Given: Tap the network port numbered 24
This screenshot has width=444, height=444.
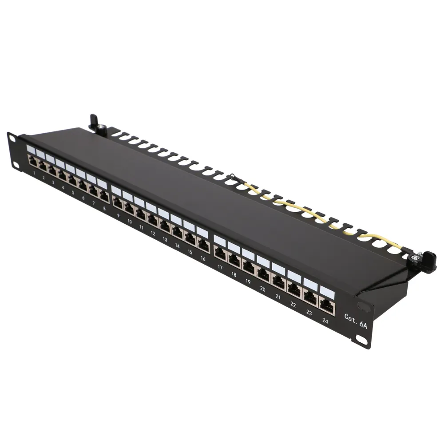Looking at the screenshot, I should [326, 305].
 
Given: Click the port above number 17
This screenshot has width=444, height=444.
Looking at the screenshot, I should [220, 253].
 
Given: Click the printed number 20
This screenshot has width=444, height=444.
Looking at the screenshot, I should [263, 289].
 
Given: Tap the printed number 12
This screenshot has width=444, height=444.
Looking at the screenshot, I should [152, 233].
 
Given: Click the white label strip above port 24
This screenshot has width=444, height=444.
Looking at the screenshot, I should [327, 291].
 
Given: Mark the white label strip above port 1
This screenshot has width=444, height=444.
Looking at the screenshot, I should [32, 149].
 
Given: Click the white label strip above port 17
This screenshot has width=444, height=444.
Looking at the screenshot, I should [220, 240].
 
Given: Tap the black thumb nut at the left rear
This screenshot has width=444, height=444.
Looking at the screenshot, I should [94, 120].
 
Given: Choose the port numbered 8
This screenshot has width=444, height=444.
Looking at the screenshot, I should [104, 196].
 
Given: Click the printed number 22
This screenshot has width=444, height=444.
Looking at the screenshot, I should [293, 305].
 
